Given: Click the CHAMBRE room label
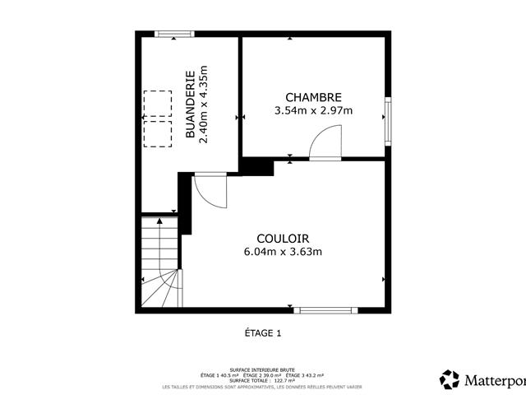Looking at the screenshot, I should tap(313, 97).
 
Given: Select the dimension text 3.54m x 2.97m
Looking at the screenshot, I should tap(313, 110).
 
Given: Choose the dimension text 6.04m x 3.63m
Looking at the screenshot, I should tap(282, 252).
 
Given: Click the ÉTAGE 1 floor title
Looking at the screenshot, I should tap(263, 333).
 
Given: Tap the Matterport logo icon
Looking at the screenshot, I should tap(450, 379).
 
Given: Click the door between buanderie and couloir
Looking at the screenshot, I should tap(210, 191).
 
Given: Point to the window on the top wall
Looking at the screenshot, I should tap(175, 34).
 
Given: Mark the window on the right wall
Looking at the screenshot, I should tap(387, 120).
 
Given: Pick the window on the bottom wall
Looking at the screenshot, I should tap(326, 310).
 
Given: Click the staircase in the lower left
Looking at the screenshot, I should tap(160, 263).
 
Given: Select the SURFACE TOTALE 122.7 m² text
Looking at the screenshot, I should tap(262, 381).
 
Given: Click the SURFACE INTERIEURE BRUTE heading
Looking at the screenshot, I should tap(262, 370).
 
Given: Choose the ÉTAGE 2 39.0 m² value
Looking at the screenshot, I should tap(262, 375).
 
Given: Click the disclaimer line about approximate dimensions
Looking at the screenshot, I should tap(262, 387).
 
